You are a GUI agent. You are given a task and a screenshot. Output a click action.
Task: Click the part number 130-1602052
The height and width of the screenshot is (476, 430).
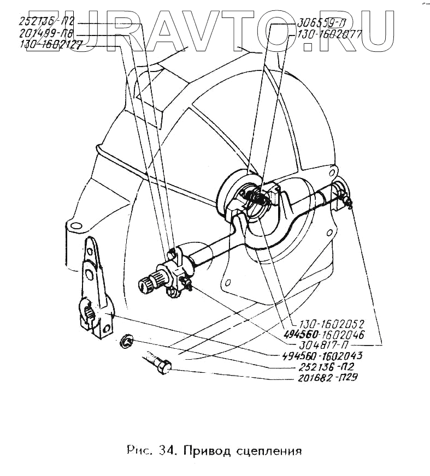pyautogui.click(x=327, y=323)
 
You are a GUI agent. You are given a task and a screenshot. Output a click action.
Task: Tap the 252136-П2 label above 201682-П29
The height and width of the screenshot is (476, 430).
pyautogui.click(x=328, y=366)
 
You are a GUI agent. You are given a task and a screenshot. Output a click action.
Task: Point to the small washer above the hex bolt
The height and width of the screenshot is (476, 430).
pyautogui.click(x=127, y=341)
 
